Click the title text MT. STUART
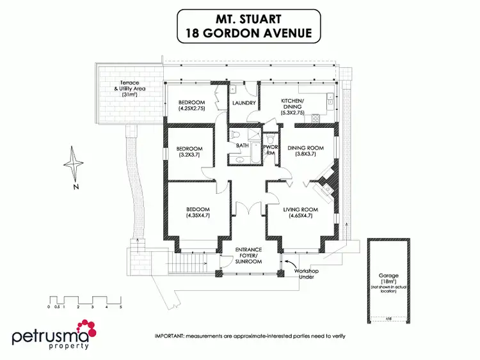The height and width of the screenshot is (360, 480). (248, 19)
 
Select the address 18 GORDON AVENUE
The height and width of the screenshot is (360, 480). (248, 33)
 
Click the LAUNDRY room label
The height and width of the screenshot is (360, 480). (245, 103)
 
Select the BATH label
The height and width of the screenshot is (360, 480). (242, 146)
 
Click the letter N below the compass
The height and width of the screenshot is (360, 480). (75, 187)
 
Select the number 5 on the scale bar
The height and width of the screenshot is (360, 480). (120, 308)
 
